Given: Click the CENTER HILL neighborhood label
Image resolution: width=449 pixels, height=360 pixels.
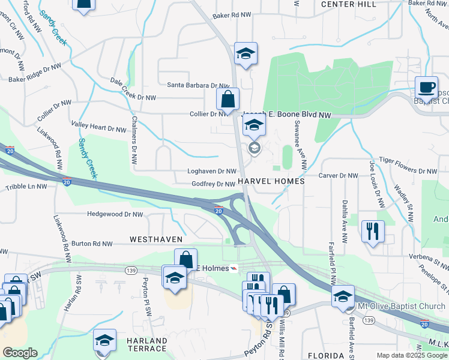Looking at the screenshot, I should click(349, 4).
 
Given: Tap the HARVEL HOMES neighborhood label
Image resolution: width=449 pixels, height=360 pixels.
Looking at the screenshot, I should click(271, 181).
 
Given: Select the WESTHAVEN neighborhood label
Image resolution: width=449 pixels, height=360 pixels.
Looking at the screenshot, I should click(156, 239).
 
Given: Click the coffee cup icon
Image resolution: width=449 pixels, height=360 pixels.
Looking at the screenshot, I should click(427, 87).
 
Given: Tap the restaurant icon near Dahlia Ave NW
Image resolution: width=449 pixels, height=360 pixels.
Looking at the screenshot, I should click(372, 231).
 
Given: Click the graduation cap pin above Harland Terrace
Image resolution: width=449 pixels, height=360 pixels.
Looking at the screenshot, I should click(104, 341).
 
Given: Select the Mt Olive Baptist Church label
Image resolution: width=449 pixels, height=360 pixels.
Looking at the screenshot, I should click(401, 307).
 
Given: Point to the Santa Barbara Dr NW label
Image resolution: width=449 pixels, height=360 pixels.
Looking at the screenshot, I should click(198, 85).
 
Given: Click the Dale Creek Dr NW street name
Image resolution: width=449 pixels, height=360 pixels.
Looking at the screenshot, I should click(133, 89).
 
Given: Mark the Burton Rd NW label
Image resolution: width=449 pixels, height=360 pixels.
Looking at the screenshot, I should click(92, 244).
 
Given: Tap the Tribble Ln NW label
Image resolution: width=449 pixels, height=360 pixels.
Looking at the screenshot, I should click(26, 187).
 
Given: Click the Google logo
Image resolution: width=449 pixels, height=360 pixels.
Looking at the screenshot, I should click(20, 353).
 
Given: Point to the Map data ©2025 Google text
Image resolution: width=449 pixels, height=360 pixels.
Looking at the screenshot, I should click(411, 355).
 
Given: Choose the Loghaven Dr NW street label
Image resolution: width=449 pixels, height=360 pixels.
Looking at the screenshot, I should click(212, 171).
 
